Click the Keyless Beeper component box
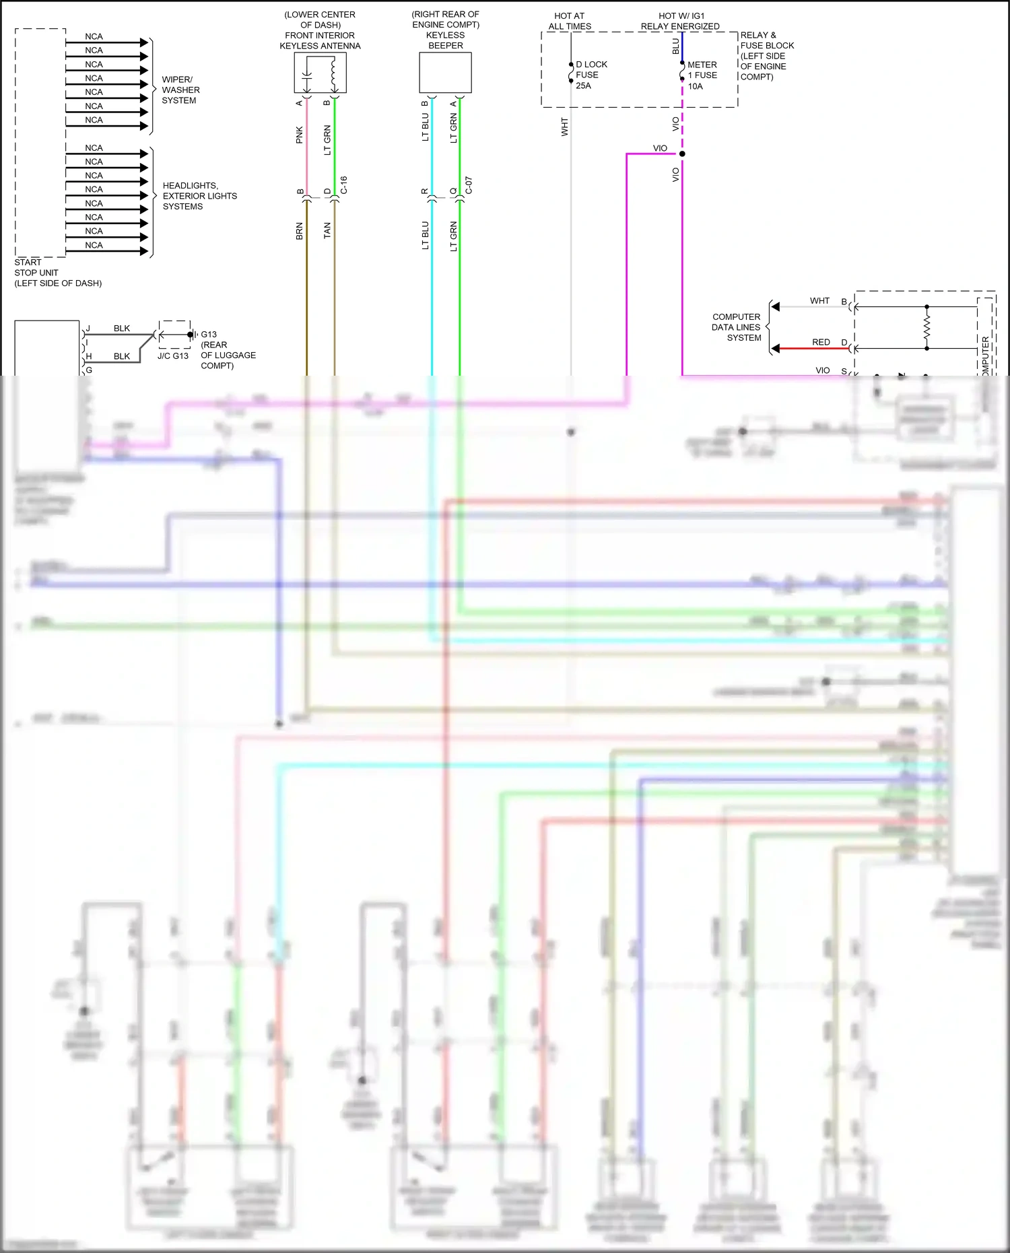click(445, 73)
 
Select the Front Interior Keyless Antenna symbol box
click(320, 73)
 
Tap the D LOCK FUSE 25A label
click(591, 75)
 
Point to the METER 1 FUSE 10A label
click(702, 75)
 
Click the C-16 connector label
click(343, 185)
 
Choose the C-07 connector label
click(469, 185)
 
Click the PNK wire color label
click(300, 135)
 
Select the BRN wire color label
click(300, 231)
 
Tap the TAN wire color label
click(327, 231)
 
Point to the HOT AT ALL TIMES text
click(570, 21)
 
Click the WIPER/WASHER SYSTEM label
click(180, 90)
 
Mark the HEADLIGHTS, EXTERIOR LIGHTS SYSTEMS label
click(199, 196)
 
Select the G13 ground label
click(209, 335)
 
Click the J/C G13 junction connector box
click(174, 335)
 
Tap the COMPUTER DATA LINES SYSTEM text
click(736, 327)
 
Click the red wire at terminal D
click(815, 349)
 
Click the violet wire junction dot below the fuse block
click(682, 154)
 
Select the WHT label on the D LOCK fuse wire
click(565, 127)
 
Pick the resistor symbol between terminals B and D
click(927, 328)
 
